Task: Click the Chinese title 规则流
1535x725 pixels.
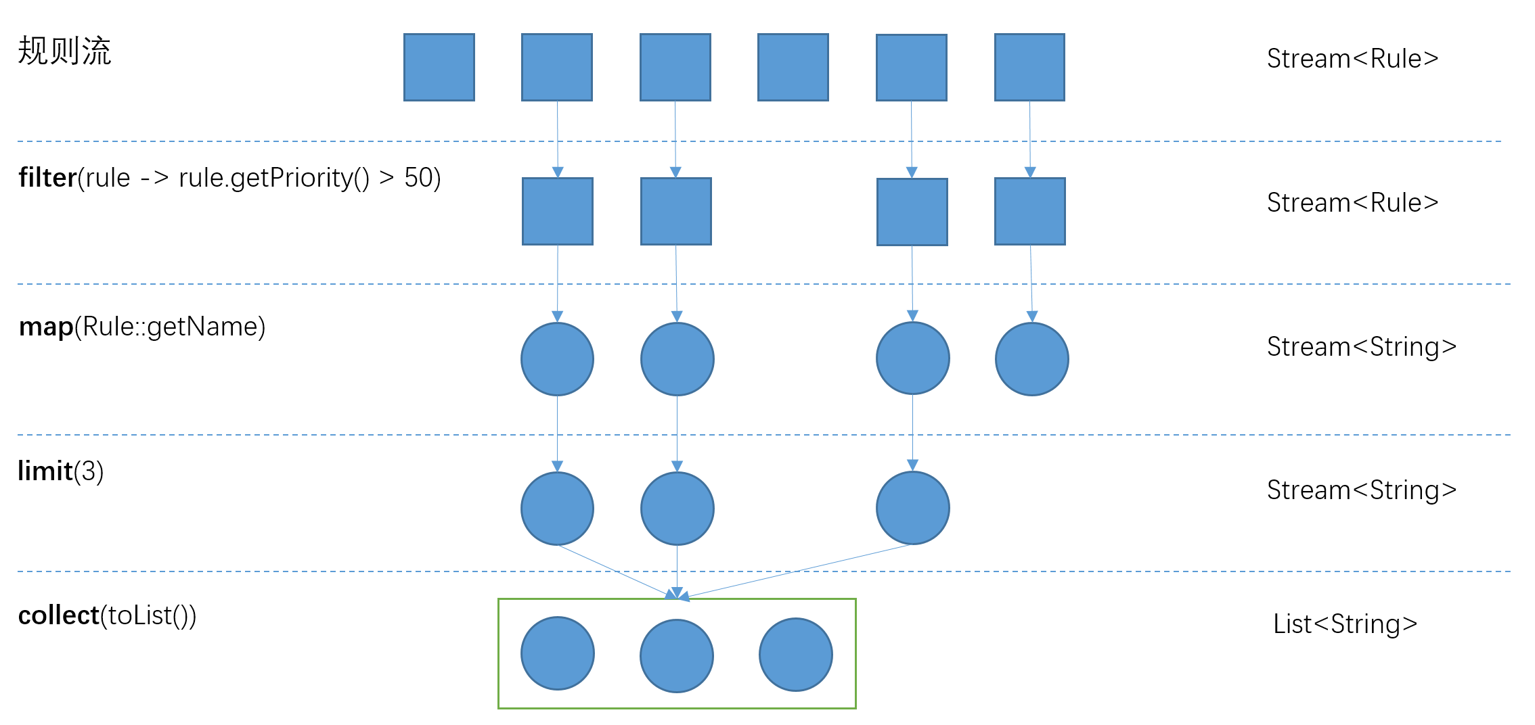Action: pyautogui.click(x=64, y=51)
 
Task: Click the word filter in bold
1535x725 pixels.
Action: pyautogui.click(x=47, y=178)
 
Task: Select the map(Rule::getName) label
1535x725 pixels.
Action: pyautogui.click(x=142, y=327)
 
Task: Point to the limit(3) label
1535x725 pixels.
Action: pyautogui.click(x=61, y=471)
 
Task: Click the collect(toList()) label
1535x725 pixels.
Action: pyautogui.click(x=107, y=615)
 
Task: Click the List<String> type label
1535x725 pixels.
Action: pyautogui.click(x=1345, y=624)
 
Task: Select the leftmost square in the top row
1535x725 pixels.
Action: pyautogui.click(x=439, y=68)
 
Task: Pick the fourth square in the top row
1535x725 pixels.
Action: pyautogui.click(x=793, y=68)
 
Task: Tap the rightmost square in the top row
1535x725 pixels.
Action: pyautogui.click(x=1029, y=68)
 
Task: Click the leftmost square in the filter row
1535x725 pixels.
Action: pyautogui.click(x=558, y=212)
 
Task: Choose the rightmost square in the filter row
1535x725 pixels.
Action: pyautogui.click(x=1030, y=212)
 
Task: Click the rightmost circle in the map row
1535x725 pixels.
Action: pyautogui.click(x=1032, y=359)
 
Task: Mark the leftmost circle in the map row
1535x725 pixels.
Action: pyautogui.click(x=558, y=359)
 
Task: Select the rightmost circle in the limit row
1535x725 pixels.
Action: pyautogui.click(x=913, y=508)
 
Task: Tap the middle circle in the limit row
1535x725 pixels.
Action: pyautogui.click(x=677, y=509)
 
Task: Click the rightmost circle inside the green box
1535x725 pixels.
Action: pyautogui.click(x=796, y=655)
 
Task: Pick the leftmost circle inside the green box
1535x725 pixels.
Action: pyautogui.click(x=558, y=653)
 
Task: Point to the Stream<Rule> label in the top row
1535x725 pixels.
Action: pyautogui.click(x=1352, y=59)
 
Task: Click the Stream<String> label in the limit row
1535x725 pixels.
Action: pyautogui.click(x=1362, y=490)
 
